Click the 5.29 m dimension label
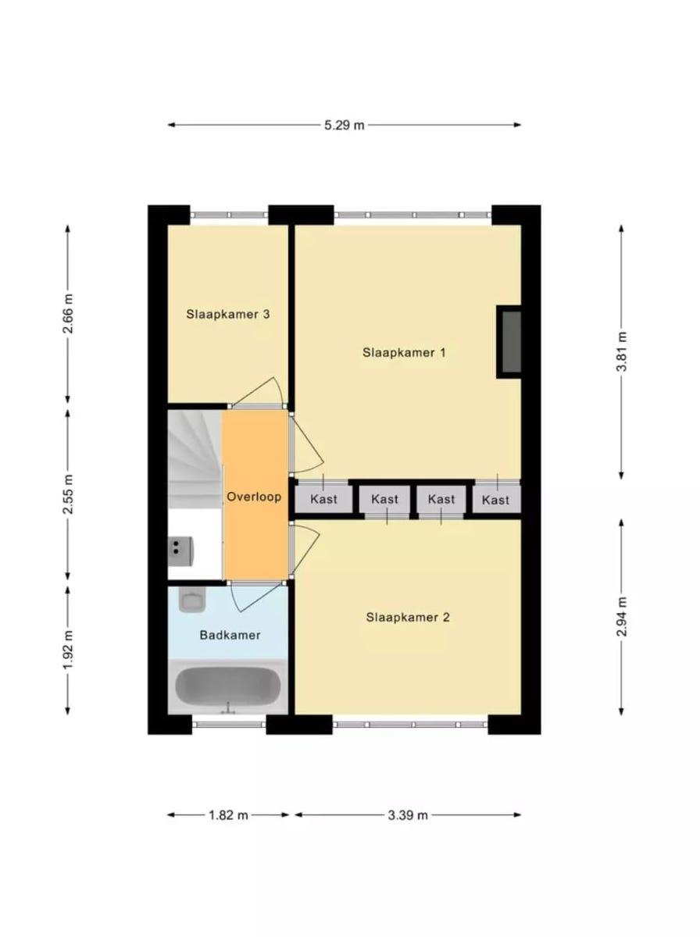click(x=344, y=125)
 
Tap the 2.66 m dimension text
click(x=68, y=313)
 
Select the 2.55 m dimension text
click(x=68, y=494)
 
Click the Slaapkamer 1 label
click(x=404, y=353)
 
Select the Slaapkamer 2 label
click(x=408, y=618)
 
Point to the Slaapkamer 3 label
click(x=227, y=314)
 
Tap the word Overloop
click(x=254, y=497)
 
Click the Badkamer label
click(x=230, y=635)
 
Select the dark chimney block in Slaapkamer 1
click(x=510, y=341)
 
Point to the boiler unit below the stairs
click(x=181, y=550)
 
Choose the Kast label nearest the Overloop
click(x=323, y=499)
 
